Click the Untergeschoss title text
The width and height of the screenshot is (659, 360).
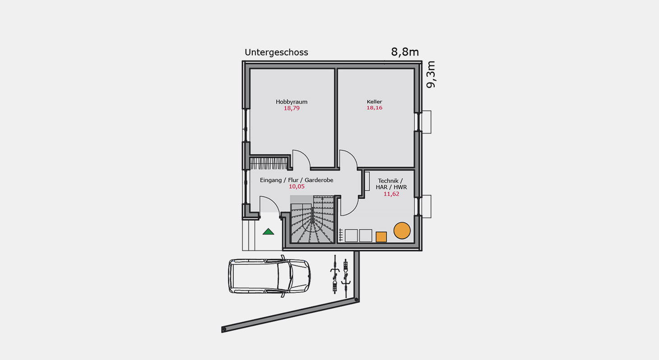click(x=276, y=53)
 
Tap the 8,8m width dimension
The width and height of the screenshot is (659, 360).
click(x=405, y=52)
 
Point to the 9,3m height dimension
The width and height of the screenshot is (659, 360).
click(x=431, y=74)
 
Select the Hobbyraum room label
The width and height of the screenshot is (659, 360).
click(x=292, y=102)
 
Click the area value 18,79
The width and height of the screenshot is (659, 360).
click(x=292, y=108)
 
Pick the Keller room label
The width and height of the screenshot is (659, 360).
click(x=374, y=102)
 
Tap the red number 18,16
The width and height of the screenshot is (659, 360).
click(x=374, y=108)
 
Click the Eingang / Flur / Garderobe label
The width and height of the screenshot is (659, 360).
click(x=297, y=180)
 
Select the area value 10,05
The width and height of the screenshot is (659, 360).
click(x=297, y=186)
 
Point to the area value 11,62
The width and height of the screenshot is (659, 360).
click(x=391, y=194)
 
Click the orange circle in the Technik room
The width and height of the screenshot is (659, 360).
click(x=402, y=231)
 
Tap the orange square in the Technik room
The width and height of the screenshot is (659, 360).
click(x=381, y=237)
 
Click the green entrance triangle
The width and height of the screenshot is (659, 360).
click(x=268, y=231)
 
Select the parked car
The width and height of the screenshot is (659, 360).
click(x=269, y=276)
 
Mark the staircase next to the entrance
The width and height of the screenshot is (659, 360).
click(x=312, y=219)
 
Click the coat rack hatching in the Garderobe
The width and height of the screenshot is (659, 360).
click(x=269, y=163)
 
